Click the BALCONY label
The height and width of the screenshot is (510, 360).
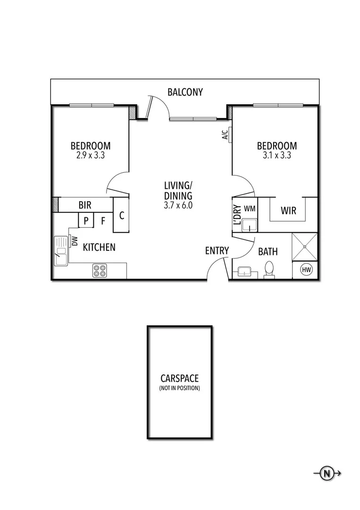185,92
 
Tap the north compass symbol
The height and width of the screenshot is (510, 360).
327,473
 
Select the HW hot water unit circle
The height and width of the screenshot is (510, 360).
306,270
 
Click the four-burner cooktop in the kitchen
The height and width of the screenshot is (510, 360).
100,270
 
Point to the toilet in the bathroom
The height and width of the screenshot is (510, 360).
269,270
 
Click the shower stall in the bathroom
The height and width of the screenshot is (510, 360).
305,246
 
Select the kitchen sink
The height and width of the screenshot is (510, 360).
61,251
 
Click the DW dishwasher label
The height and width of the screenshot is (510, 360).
75,241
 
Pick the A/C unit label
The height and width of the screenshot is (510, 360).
225,135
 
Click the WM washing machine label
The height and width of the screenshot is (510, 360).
250,209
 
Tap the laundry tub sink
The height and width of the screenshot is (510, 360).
249,225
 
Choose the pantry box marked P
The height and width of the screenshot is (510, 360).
86,220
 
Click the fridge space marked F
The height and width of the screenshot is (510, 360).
103,221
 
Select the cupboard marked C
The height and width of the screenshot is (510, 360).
121,215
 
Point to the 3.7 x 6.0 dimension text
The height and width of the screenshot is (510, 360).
178,205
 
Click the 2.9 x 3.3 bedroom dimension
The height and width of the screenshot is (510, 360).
91,155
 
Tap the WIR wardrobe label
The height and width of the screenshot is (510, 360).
289,211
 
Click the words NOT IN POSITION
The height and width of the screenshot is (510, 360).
180,388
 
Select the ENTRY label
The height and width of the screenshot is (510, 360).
217,250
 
